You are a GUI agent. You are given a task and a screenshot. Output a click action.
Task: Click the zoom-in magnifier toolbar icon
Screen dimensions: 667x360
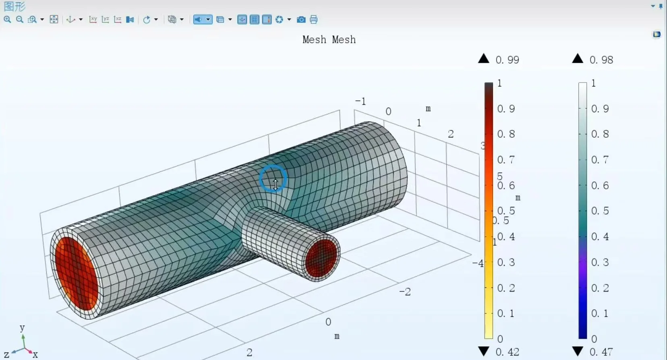[x=7, y=20]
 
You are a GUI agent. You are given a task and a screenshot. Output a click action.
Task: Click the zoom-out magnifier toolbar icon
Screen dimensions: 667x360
[x=20, y=20]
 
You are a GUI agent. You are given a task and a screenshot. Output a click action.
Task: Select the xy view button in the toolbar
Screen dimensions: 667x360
[x=93, y=20]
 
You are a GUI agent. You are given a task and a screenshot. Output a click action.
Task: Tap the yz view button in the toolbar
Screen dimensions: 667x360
[x=106, y=20]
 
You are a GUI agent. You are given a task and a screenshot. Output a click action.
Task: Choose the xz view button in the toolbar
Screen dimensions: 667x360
[x=118, y=20]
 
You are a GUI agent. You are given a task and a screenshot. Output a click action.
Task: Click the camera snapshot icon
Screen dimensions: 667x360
[x=301, y=20]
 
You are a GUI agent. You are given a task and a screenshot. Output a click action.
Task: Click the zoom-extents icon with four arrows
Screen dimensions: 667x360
[x=54, y=20]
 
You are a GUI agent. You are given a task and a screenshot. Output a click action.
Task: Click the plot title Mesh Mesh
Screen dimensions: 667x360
[x=329, y=39]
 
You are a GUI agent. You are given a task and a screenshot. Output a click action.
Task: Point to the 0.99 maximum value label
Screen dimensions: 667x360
[x=507, y=60]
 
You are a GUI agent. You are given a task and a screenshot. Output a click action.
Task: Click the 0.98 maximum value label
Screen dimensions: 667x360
[x=601, y=60]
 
